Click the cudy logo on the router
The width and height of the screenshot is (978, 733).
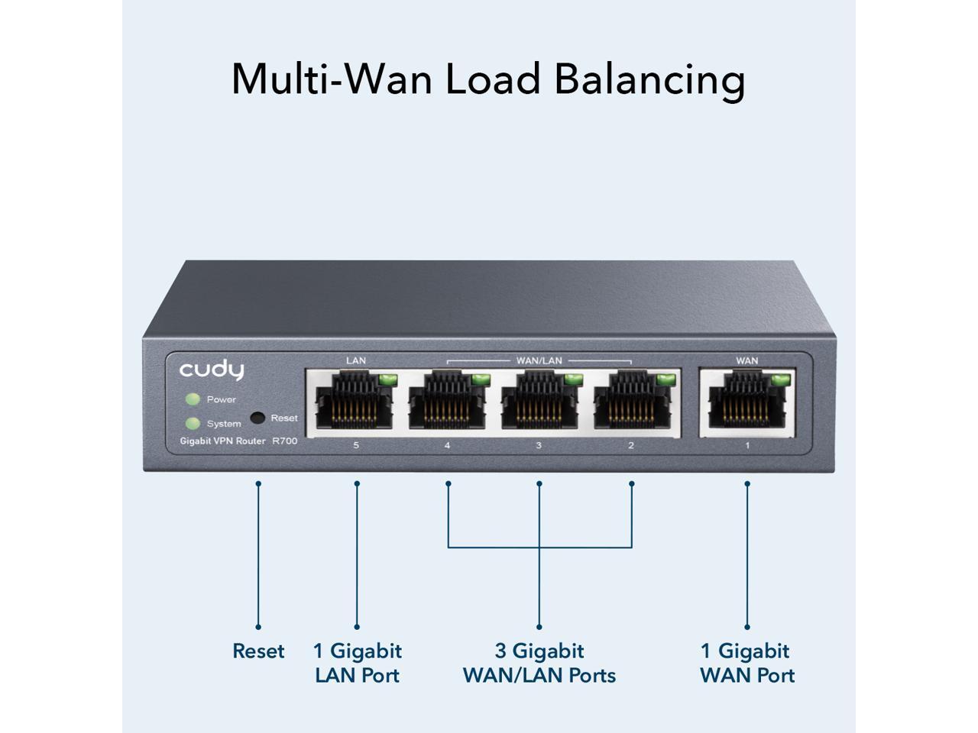pos(212,371)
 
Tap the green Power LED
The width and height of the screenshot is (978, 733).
pos(193,399)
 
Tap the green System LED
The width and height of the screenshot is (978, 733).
pos(193,424)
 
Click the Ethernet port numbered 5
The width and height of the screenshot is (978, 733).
pos(356,401)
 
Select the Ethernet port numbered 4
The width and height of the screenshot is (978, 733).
pos(448,401)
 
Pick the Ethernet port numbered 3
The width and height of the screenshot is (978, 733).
pos(539,401)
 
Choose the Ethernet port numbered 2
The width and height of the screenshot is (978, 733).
pos(632,401)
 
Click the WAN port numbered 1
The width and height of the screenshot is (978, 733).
pos(747,401)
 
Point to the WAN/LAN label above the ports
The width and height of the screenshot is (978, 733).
pos(539,360)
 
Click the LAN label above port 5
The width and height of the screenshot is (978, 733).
pos(356,360)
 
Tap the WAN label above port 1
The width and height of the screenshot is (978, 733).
pos(747,360)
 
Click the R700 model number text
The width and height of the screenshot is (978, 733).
pos(285,441)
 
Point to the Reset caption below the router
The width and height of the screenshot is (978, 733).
pos(258,651)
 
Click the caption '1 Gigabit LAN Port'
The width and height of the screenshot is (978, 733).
pos(357,663)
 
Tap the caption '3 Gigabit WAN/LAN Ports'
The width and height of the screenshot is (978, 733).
pos(539,663)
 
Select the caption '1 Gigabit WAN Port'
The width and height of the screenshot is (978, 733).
pos(746,663)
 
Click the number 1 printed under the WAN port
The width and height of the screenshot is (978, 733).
pos(747,445)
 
